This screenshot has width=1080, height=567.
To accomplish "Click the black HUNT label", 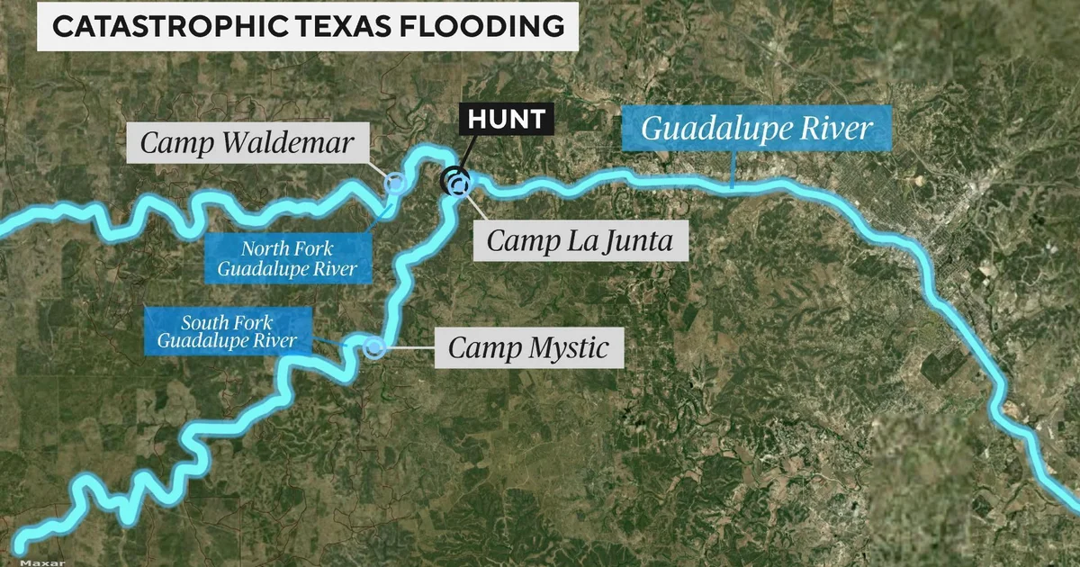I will coord(506,118).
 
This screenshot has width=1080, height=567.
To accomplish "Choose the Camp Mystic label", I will coord(528,347).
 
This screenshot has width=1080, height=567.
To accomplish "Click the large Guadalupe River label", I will coord(757,128).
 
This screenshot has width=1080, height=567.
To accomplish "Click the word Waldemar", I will coord(302,142).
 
